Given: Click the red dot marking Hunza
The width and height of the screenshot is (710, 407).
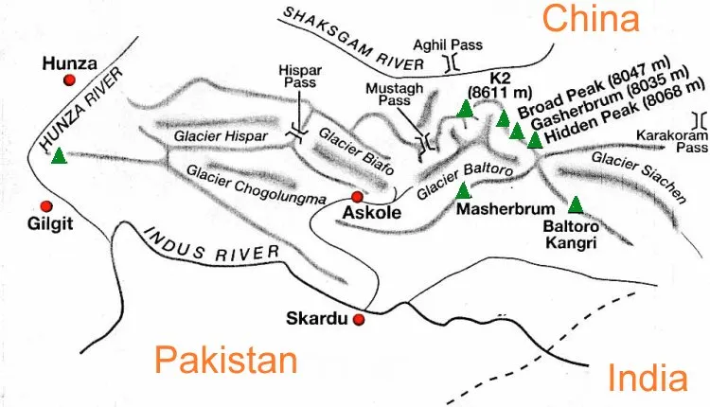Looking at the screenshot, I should pyautogui.click(x=69, y=81).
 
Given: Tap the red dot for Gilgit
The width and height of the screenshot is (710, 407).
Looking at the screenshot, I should pyautogui.click(x=45, y=205).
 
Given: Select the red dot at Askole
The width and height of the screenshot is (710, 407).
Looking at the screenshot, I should pyautogui.click(x=357, y=197).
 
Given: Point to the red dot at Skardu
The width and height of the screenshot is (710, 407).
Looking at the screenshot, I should pyautogui.click(x=359, y=320).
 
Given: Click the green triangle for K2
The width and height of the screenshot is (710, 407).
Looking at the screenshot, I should pyautogui.click(x=465, y=108).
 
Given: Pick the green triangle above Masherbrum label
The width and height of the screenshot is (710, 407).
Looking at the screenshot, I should pyautogui.click(x=463, y=189).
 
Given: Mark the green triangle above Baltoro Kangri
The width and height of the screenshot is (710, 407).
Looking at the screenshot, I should pyautogui.click(x=576, y=203).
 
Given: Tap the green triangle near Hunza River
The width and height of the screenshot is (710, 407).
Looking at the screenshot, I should pyautogui.click(x=59, y=155).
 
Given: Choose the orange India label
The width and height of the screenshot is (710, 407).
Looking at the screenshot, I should pyautogui.click(x=648, y=379).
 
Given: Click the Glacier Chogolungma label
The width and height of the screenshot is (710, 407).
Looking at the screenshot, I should pyautogui.click(x=257, y=185).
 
